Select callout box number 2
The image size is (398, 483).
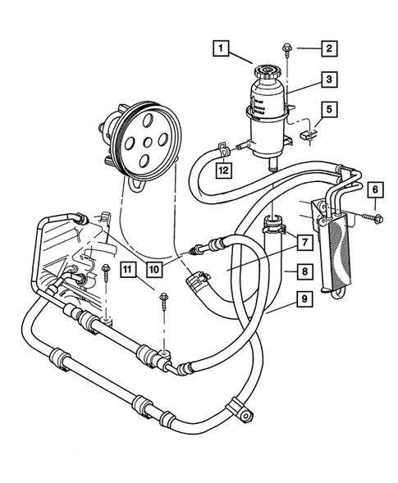point(327,48)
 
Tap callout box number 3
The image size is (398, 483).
point(327,80)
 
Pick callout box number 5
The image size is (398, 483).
point(327,107)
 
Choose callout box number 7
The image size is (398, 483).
point(303,243)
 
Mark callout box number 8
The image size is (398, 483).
point(303,270)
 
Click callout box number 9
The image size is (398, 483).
point(303,298)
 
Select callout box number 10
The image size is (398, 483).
point(153,268)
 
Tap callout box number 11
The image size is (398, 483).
point(127,268)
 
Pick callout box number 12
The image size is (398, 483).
point(222,171)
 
